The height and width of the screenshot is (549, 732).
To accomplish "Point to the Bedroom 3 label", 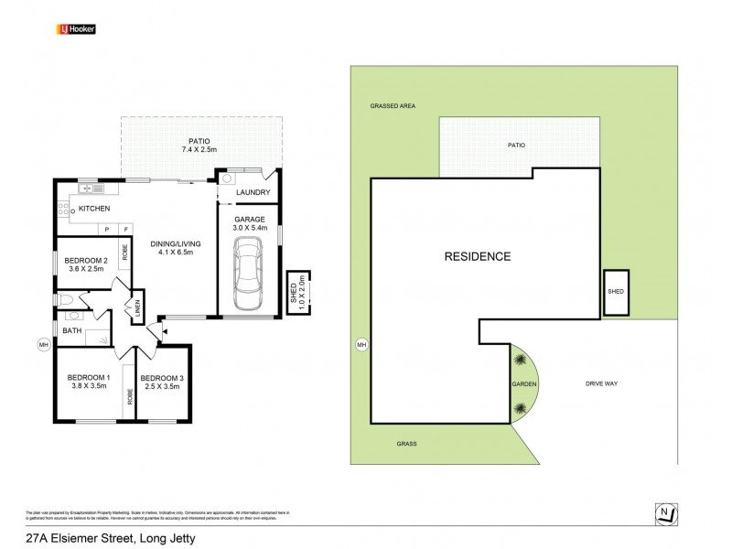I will tap(162, 378).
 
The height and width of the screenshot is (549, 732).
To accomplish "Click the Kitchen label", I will tap(94, 210).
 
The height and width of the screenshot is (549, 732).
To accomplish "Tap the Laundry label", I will tap(253, 193).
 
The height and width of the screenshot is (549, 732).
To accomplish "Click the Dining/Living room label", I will tap(176, 243).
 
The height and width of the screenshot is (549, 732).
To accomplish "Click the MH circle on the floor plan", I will tap(43, 344).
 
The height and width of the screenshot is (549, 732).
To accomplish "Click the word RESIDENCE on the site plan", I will tap(477, 256).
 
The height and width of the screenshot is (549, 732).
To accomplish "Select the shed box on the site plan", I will tap(615, 293).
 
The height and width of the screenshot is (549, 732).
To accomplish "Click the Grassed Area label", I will tap(393, 106).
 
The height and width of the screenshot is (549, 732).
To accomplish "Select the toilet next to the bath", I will tap(67, 300).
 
